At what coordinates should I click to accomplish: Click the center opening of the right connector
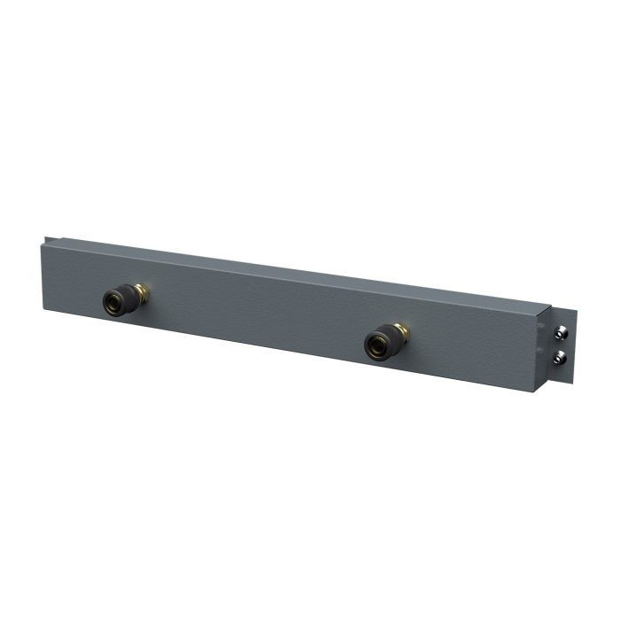point(375,345)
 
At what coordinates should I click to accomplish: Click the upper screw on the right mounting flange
point(560,332)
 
